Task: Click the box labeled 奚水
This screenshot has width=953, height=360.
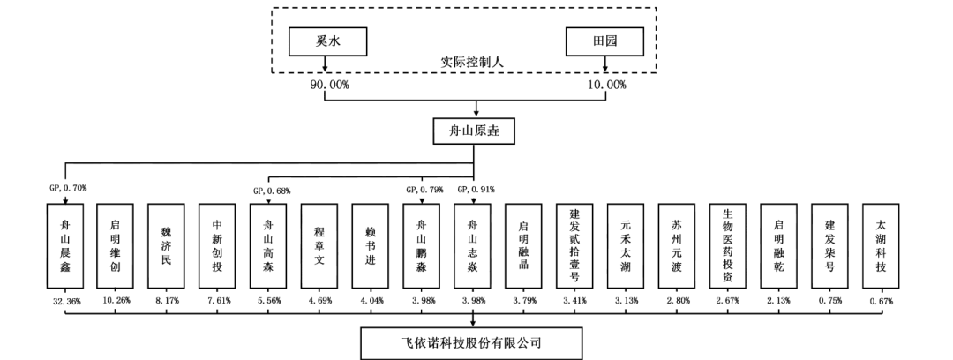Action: pyautogui.click(x=327, y=41)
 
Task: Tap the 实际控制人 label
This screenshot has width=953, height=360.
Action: pyautogui.click(x=465, y=63)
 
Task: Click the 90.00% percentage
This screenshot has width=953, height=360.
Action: pyautogui.click(x=327, y=85)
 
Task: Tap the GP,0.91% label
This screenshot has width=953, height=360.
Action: pyautogui.click(x=476, y=190)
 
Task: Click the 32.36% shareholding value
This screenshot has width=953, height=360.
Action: pyautogui.click(x=67, y=302)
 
